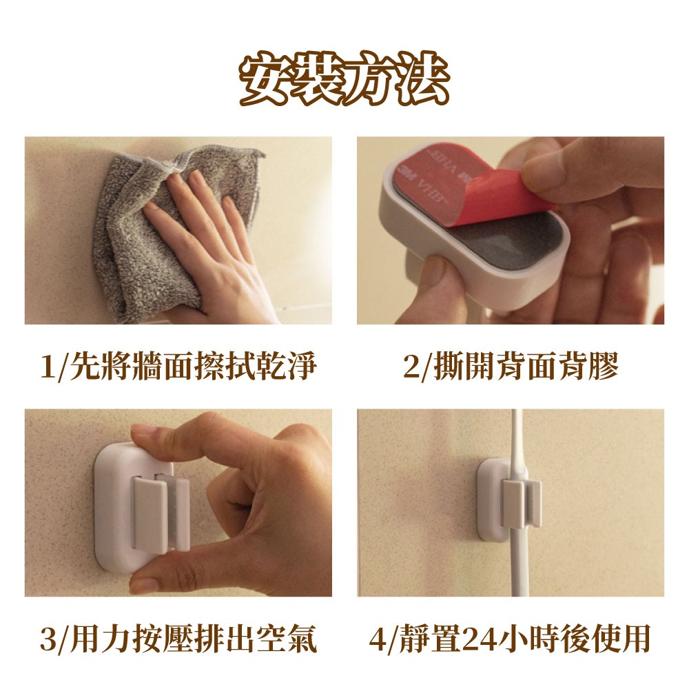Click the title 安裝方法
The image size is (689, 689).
tap(344, 79)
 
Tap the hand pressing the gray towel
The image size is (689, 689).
tap(211, 246)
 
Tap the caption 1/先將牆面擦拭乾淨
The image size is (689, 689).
tap(178, 367)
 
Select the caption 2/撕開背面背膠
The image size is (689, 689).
tap(511, 367)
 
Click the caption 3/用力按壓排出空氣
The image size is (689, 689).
tap(178, 639)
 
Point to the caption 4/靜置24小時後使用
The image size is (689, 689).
tap(510, 639)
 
